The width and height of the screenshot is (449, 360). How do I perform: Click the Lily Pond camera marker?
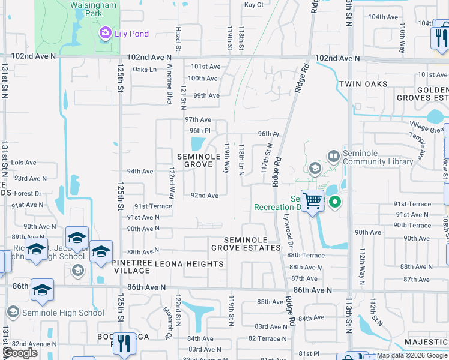(x=106, y=33)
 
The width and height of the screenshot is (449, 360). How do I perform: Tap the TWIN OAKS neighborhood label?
(x=363, y=84)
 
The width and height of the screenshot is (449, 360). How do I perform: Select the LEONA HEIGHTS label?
(x=181, y=264)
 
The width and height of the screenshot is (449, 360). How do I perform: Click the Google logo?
(x=20, y=353)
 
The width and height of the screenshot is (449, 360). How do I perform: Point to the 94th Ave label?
(x=140, y=172)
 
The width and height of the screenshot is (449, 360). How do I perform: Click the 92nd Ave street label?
(x=204, y=196)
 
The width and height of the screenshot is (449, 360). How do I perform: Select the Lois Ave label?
(x=24, y=163)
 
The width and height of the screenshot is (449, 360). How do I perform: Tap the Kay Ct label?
(x=254, y=5)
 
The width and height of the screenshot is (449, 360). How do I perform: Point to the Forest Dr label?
(x=28, y=194)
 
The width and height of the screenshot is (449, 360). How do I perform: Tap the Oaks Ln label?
(x=144, y=70)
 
